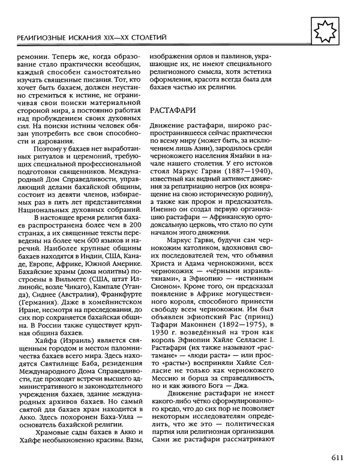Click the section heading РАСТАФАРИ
click(x=174, y=110)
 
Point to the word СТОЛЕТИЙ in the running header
click(x=145, y=38)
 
